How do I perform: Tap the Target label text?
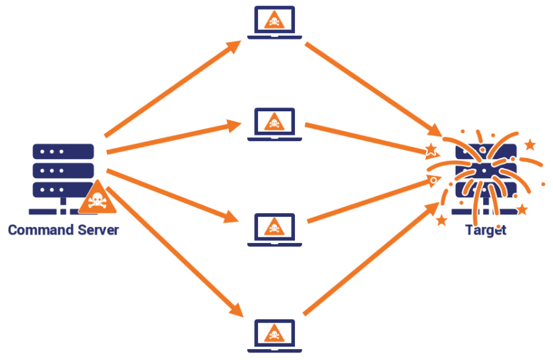(x=486, y=230)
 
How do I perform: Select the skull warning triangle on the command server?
(x=97, y=199)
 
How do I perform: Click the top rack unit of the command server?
(x=63, y=151)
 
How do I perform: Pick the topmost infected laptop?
(x=274, y=23)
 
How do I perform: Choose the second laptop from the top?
(x=274, y=123)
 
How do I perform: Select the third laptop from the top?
(x=274, y=229)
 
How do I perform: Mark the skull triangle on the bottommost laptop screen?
(x=274, y=331)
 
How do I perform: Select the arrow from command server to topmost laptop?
(x=172, y=90)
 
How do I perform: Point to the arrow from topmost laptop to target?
(x=372, y=88)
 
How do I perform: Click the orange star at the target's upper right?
(x=530, y=145)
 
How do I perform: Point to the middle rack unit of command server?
(x=63, y=170)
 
